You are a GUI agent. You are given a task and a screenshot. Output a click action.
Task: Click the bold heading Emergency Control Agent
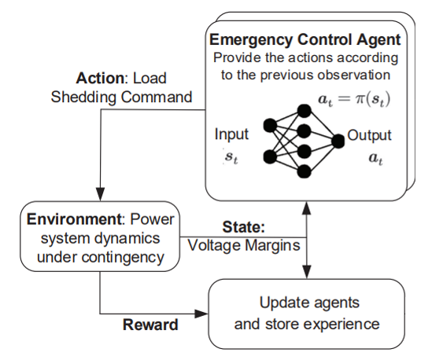[305, 40]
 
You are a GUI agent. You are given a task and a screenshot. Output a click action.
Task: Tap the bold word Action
[100, 78]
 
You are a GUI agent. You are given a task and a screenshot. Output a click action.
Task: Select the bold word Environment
[74, 219]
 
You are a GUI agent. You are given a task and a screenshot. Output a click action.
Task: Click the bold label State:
[244, 227]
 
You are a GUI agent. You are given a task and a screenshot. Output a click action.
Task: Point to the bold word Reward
[150, 325]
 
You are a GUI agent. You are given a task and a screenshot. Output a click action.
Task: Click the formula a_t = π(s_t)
[354, 99]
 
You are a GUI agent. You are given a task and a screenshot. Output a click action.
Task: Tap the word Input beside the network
[231, 134]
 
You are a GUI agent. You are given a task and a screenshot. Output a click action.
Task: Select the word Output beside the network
[369, 135]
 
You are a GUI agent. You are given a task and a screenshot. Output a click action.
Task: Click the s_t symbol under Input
[231, 157]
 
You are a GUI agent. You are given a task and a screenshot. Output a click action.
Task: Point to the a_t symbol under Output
[376, 158]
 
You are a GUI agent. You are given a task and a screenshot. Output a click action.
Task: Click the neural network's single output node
[338, 141]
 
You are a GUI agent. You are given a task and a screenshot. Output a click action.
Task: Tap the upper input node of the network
[270, 126]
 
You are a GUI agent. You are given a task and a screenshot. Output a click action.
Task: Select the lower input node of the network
[270, 157]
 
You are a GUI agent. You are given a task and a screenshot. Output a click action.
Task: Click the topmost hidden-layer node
[305, 111]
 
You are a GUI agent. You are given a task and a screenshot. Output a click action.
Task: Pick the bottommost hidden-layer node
[305, 171]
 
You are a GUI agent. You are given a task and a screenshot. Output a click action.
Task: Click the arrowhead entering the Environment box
[100, 194]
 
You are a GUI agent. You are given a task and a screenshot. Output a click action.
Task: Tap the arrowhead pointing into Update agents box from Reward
[201, 314]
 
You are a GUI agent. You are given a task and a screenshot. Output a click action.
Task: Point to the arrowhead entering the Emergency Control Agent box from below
[307, 208]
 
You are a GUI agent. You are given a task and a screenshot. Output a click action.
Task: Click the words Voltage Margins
[244, 245]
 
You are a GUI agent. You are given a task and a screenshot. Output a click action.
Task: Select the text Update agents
[309, 303]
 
